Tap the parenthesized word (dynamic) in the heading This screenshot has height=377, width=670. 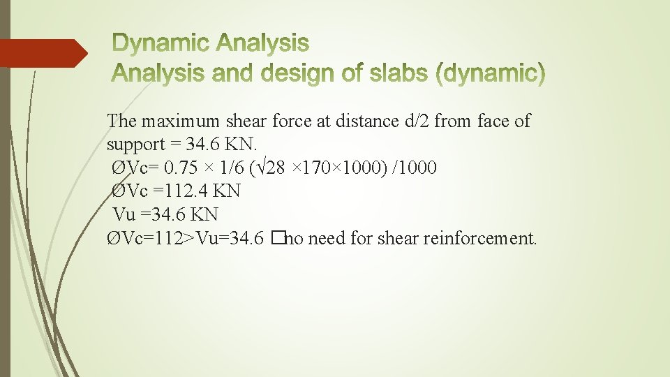490,73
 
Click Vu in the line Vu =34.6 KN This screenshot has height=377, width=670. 124,214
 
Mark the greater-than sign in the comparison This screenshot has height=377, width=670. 189,239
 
